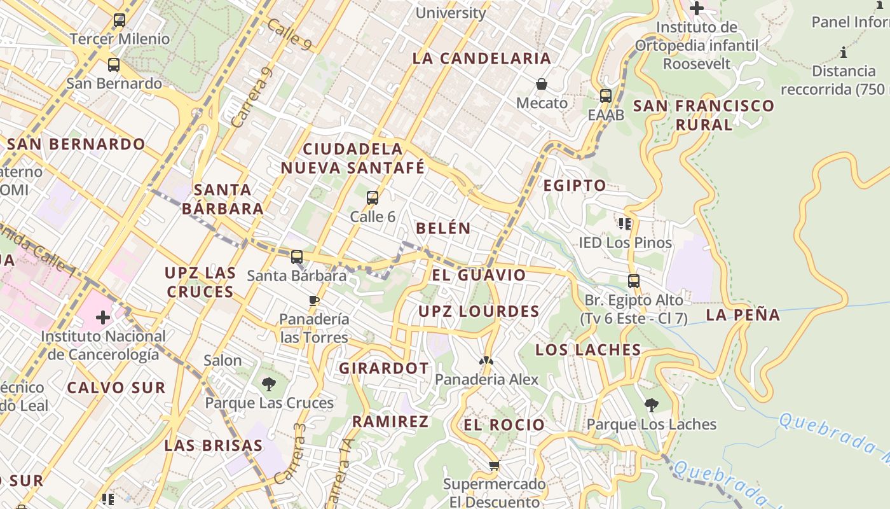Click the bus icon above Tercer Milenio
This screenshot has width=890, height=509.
pos(119,20)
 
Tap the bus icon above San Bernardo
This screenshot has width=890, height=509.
pos(114,65)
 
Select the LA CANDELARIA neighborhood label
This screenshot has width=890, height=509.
pos(481,59)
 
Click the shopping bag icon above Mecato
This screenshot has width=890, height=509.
pos(542,84)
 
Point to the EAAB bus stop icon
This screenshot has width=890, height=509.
pos(606,96)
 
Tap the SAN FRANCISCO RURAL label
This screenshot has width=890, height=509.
pos(704,115)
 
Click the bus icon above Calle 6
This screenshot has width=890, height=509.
pos(373,198)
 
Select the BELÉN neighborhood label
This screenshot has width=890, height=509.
pos(443,228)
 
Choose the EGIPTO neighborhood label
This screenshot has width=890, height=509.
pos(574,186)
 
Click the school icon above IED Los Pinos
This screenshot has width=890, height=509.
pos(625,223)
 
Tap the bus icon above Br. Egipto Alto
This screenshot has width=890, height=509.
pos(633,281)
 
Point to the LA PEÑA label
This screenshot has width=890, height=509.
pos(743,314)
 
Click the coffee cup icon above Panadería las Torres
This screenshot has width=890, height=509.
pos(313,300)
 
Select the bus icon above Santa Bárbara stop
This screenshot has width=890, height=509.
pos(297,257)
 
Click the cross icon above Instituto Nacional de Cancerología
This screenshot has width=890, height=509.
pos(103,317)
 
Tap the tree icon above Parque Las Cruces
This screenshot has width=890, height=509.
pos(269,384)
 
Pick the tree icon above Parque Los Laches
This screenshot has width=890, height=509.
pos(651,405)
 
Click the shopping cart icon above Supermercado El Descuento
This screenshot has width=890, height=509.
pos(494,466)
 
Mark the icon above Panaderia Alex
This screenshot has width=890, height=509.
pos(486,361)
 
